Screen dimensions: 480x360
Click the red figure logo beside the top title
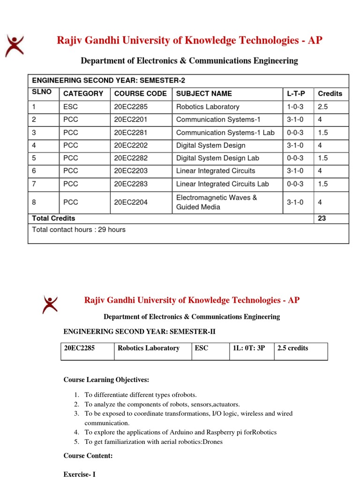pyautogui.click(x=14, y=46)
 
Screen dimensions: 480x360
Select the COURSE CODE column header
pyautogui.click(x=140, y=94)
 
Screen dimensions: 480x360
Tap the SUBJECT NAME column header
pyautogui.click(x=204, y=94)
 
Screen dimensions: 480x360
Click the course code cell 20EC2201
pyautogui.click(x=131, y=120)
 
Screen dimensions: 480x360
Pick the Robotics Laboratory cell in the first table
pyautogui.click(x=208, y=107)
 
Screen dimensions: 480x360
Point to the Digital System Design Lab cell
pyautogui.click(x=217, y=158)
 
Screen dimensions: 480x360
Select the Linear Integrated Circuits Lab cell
pyautogui.click(x=223, y=184)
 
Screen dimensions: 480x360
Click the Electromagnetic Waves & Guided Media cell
pyautogui.click(x=217, y=202)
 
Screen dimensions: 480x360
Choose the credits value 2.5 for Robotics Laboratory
pyautogui.click(x=323, y=107)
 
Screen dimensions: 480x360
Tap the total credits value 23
pyautogui.click(x=322, y=218)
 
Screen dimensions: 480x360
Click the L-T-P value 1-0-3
pyautogui.click(x=295, y=107)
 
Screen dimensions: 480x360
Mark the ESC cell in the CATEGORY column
pyautogui.click(x=71, y=107)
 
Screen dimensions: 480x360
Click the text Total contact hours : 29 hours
pyautogui.click(x=79, y=230)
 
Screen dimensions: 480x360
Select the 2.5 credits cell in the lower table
pyautogui.click(x=293, y=348)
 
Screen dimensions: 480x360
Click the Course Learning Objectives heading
pyautogui.click(x=106, y=379)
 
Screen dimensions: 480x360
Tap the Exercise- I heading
pyautogui.click(x=79, y=474)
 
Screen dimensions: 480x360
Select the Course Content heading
pyautogui.click(x=88, y=456)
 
